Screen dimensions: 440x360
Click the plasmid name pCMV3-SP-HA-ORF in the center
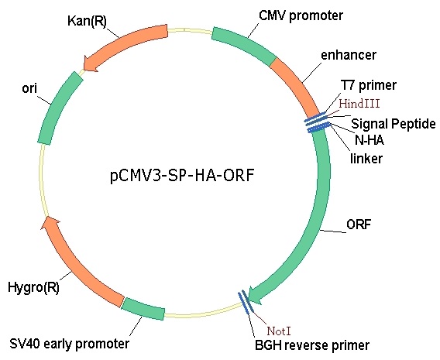(x=182, y=176)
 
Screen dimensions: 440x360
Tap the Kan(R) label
(x=87, y=21)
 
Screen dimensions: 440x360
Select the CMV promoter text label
(x=301, y=15)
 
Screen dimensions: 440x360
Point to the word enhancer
(x=349, y=55)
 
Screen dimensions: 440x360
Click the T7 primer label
(x=369, y=85)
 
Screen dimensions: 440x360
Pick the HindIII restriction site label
(x=359, y=104)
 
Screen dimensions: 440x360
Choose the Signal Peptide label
(x=394, y=124)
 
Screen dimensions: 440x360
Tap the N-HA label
(x=369, y=140)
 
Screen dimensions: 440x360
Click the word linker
(x=366, y=159)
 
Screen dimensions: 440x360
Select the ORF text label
(x=359, y=225)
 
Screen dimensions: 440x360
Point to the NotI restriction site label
(x=279, y=331)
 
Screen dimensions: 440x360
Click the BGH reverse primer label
(x=312, y=345)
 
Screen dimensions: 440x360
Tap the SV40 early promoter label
(x=70, y=344)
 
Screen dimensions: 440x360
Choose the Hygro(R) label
(x=33, y=288)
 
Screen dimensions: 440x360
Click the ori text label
(x=29, y=88)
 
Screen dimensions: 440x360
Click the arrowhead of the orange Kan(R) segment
(x=91, y=64)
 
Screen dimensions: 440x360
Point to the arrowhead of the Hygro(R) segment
(x=50, y=222)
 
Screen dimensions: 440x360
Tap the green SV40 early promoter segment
(x=143, y=308)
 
